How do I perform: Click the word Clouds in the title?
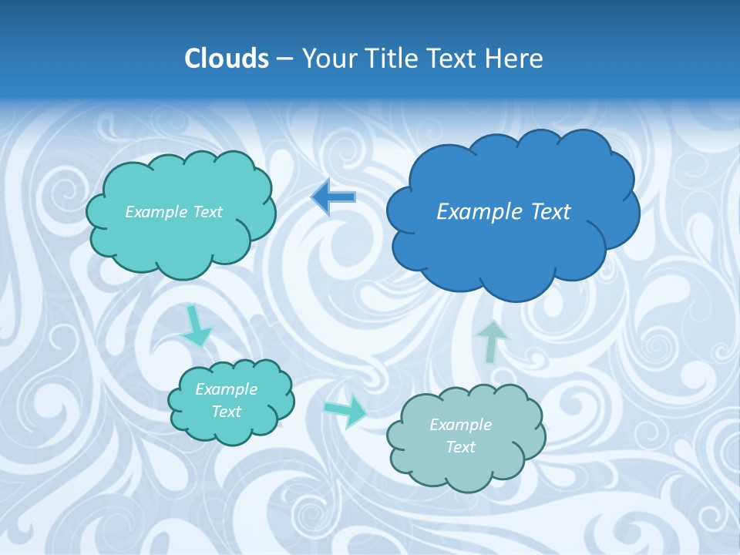(x=227, y=59)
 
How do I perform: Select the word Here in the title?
(x=515, y=59)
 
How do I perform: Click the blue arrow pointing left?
(x=334, y=197)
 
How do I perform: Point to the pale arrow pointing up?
(x=493, y=340)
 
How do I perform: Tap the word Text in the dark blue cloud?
(x=550, y=212)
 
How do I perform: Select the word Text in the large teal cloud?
(x=207, y=212)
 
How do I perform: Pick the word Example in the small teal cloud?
(x=226, y=390)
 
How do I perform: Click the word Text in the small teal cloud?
(x=226, y=412)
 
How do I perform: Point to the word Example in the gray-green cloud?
(x=460, y=425)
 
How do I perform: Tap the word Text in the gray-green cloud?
(x=460, y=447)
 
